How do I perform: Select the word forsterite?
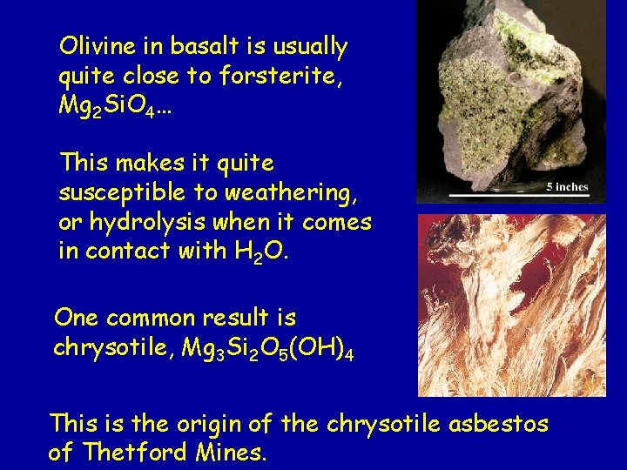click(278, 76)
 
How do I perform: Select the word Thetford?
click(135, 453)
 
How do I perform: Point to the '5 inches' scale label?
click(568, 186)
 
